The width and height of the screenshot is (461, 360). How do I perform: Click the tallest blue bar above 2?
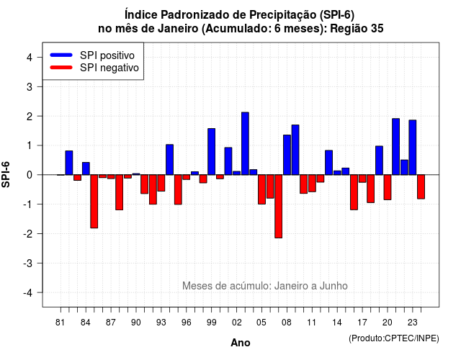(x=245, y=143)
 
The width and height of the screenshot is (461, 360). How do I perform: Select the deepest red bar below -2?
(x=279, y=207)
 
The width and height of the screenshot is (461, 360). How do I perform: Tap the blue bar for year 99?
(x=211, y=152)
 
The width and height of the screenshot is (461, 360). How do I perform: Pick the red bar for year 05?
(x=261, y=189)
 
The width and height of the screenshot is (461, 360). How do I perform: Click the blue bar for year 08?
(x=287, y=155)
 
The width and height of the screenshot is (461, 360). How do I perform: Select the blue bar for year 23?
(x=413, y=147)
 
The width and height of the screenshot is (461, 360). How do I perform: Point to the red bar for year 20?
(x=388, y=187)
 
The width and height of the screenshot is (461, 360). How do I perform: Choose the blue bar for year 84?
(x=86, y=168)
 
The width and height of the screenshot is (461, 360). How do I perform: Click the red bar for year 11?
(x=312, y=184)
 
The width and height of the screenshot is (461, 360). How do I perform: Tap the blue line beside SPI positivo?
(x=61, y=55)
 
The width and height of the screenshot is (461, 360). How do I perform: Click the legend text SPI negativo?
(x=109, y=68)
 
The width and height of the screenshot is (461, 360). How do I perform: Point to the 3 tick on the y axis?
(x=40, y=86)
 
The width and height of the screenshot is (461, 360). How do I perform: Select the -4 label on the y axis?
(x=29, y=292)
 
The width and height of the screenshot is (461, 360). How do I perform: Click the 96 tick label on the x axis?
(x=186, y=323)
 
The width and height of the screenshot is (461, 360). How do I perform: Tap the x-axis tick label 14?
(x=337, y=323)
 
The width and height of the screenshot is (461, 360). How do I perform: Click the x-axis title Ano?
(x=241, y=343)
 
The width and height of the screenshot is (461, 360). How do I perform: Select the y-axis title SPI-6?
(x=6, y=174)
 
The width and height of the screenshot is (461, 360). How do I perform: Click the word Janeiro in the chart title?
(x=178, y=29)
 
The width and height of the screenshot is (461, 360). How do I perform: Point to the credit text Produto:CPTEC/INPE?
(x=394, y=338)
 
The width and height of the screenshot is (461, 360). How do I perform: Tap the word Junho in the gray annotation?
(x=334, y=286)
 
